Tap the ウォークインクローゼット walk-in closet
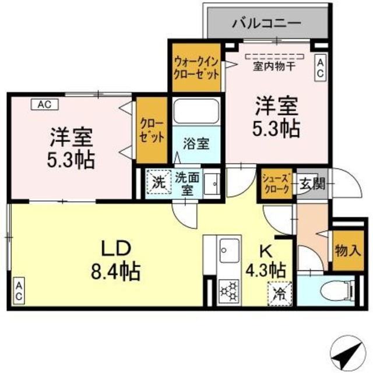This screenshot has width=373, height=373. point(195,68)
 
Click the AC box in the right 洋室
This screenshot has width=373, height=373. point(321,68)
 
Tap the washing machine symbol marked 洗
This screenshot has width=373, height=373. point(158,180)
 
